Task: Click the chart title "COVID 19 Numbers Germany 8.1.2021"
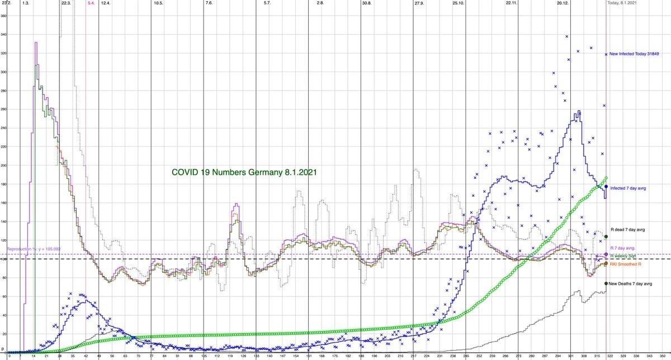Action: click(x=244, y=172)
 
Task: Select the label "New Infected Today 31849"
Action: click(x=634, y=54)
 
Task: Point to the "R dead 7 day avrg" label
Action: click(x=625, y=229)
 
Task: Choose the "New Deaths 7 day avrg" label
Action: click(x=630, y=283)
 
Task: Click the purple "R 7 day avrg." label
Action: click(x=622, y=248)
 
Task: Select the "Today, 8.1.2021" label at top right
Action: click(x=626, y=3)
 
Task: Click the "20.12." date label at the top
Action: click(x=563, y=3)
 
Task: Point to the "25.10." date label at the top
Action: click(x=459, y=3)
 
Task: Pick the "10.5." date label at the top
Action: click(x=158, y=3)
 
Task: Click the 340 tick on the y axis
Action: click(x=3, y=35)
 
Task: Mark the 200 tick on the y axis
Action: click(x=3, y=165)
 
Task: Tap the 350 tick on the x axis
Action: click(x=663, y=356)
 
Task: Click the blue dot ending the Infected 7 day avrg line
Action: click(x=606, y=187)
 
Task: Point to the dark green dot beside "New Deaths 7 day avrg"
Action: click(x=606, y=283)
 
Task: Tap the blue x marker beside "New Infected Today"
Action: click(x=606, y=54)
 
